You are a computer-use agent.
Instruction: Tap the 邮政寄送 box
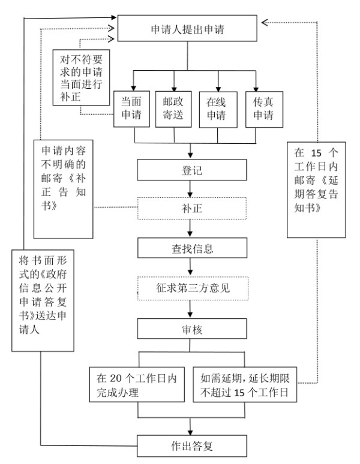pyautogui.click(x=174, y=108)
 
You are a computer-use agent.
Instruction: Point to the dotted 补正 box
pyautogui.click(x=191, y=209)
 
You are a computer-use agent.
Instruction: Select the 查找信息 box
pyautogui.click(x=191, y=248)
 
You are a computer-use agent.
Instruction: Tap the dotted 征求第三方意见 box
pyautogui.click(x=191, y=288)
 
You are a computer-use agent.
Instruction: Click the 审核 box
pyautogui.click(x=191, y=329)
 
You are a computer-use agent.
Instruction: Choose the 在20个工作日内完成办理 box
pyautogui.click(x=139, y=384)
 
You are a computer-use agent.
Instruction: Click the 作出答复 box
pyautogui.click(x=191, y=446)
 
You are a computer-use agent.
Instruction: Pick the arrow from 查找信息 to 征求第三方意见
pyautogui.click(x=191, y=268)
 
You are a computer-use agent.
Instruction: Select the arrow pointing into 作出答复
pyautogui.click(x=191, y=427)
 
